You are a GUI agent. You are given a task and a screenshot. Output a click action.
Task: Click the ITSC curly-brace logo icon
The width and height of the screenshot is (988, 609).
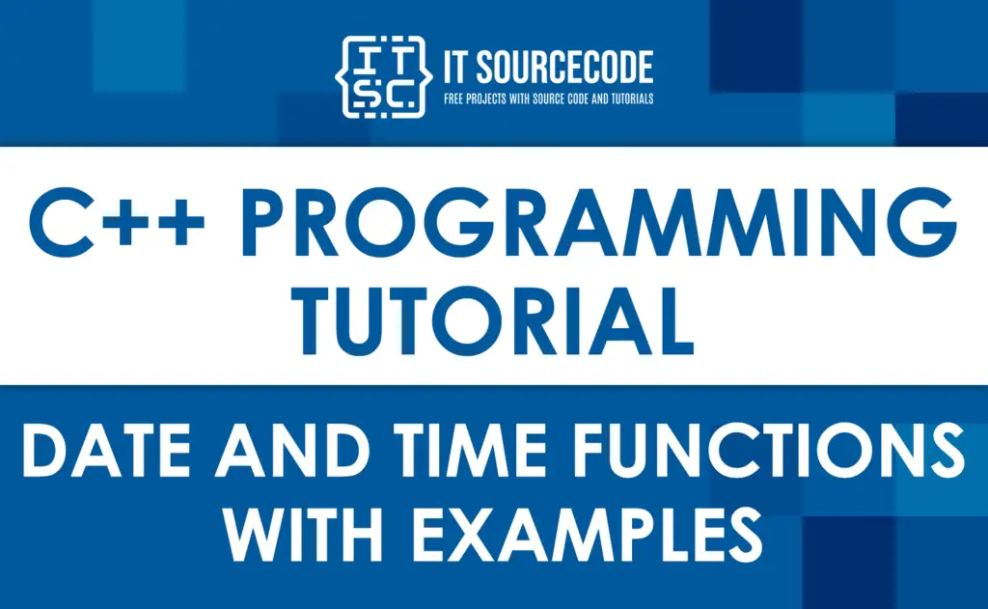click(384, 77)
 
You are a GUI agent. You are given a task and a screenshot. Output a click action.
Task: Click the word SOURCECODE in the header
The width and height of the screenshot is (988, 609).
click(564, 68)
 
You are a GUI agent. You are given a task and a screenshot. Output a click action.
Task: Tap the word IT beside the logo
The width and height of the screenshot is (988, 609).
click(455, 68)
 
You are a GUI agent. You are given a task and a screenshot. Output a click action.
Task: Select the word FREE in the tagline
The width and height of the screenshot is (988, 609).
click(453, 99)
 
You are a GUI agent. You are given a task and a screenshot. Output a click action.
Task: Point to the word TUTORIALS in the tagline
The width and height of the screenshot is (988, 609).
click(632, 99)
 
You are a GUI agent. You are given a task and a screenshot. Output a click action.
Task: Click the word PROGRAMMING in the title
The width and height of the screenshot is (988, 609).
click(599, 222)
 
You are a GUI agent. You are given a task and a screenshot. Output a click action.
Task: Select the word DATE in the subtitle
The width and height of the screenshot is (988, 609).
click(106, 450)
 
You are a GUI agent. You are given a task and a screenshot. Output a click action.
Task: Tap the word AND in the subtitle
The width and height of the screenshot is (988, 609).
click(292, 450)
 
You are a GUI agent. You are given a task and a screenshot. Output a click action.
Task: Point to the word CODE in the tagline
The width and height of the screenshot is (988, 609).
click(577, 99)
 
